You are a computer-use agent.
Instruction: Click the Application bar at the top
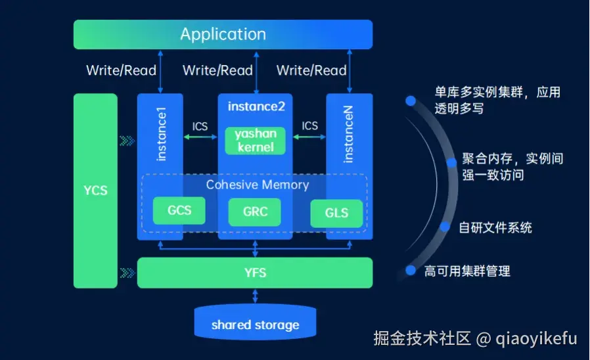coord(223,34)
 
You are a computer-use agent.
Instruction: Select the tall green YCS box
coord(95,191)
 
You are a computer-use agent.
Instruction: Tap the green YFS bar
coord(254,272)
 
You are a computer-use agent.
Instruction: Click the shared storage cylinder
coord(255,324)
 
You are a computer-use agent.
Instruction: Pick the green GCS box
coord(179,211)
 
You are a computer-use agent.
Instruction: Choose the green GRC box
coord(254,212)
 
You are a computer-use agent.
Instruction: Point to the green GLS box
coord(336,214)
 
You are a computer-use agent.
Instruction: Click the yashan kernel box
coord(255,141)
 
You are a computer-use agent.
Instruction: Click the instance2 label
coord(256,106)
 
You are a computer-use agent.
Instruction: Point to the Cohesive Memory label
coord(257,185)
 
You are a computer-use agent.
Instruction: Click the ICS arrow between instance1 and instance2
coord(200,137)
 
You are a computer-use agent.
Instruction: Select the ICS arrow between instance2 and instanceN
coord(309,137)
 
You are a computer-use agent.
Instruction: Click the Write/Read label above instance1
coord(121,70)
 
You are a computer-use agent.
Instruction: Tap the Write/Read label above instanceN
coord(311,70)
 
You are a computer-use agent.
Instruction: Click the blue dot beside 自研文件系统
coord(445,227)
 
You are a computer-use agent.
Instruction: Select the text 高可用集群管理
coord(467,271)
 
